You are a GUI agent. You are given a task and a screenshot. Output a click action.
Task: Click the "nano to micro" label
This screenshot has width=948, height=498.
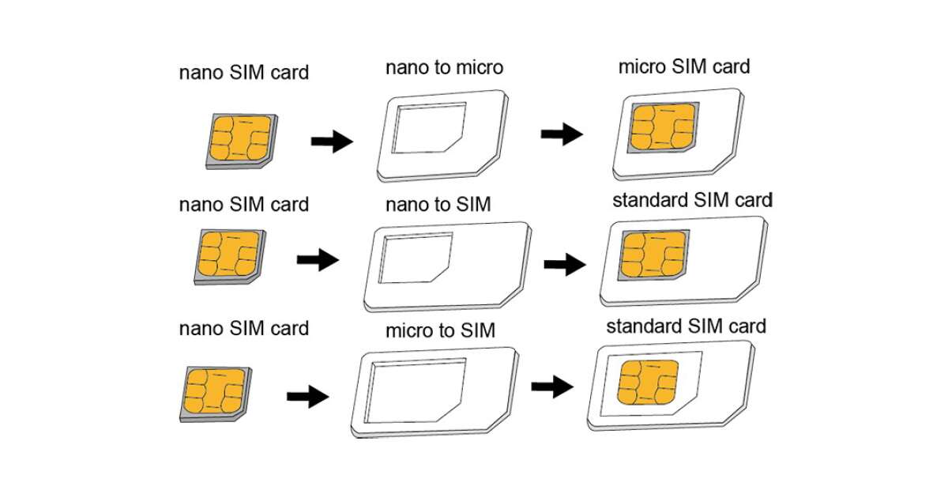444,68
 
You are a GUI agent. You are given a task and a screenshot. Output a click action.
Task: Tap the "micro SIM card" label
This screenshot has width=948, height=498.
684,66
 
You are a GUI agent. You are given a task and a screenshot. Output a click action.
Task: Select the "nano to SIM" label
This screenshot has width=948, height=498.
438,205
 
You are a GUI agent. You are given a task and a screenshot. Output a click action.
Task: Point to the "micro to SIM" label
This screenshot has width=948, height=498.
440,330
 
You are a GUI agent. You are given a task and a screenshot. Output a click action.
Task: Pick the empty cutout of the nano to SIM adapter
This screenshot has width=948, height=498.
414,258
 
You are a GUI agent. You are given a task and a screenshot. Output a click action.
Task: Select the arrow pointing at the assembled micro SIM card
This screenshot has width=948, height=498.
562,134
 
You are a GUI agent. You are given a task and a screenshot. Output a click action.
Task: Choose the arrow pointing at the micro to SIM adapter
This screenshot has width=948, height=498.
307,396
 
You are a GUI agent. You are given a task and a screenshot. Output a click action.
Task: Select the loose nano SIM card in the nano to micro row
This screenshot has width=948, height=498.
240,138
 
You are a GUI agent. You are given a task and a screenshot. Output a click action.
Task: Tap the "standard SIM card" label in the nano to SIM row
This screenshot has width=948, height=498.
692,199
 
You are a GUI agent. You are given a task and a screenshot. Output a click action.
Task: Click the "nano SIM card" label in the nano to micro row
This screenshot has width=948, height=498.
243,73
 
